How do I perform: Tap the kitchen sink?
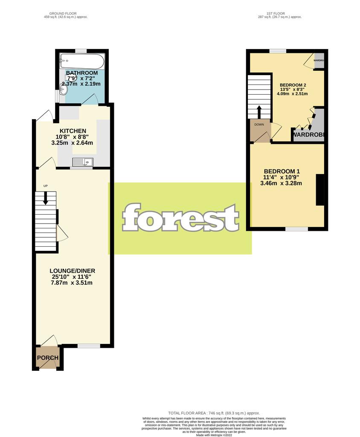[83, 161]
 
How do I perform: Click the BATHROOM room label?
[81, 73]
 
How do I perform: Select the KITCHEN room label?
[73, 131]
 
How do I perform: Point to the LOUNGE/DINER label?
[72, 271]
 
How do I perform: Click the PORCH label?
[47, 358]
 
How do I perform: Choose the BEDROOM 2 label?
[293, 84]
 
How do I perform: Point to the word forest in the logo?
[180, 218]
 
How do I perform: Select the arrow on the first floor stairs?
[259, 111]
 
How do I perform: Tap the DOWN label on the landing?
[259, 125]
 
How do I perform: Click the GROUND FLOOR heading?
[69, 14]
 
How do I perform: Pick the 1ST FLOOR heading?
[276, 14]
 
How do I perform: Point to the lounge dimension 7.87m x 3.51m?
[72, 283]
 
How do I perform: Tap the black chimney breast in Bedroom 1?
[319, 189]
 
